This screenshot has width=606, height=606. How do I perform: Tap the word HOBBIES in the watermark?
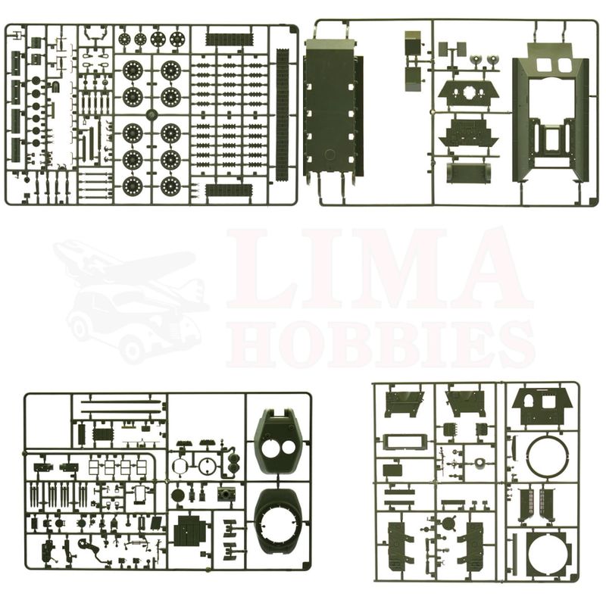point(381,345)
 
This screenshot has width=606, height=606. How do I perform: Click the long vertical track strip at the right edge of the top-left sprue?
point(283,115)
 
